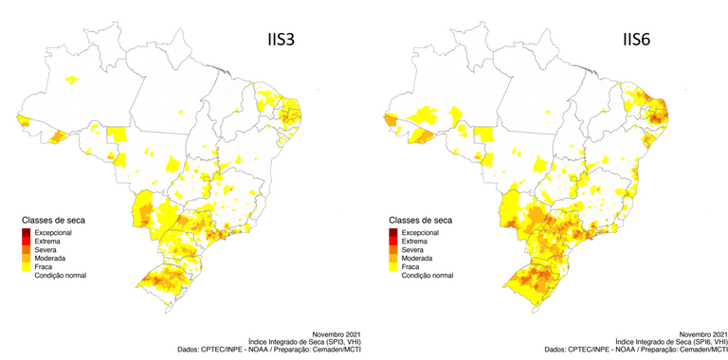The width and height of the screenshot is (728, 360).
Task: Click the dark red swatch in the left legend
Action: (x=27, y=230)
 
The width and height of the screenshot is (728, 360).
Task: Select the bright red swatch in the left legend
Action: (x=27, y=240)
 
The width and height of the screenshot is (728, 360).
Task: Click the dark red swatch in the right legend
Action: (x=392, y=230)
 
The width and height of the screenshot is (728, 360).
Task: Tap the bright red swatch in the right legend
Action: (x=392, y=240)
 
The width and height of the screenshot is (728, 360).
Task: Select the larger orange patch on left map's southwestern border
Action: (x=56, y=137)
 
